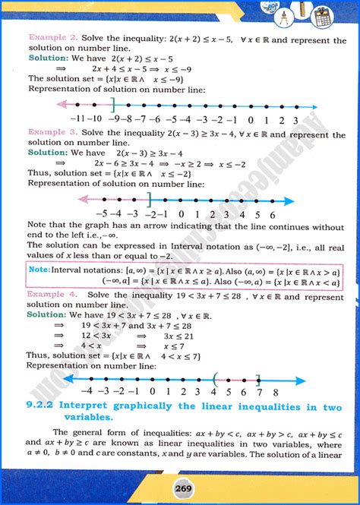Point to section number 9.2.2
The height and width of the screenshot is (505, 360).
(46, 408)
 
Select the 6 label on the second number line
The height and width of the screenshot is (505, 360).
(270, 215)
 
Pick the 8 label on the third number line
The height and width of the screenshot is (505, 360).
(275, 393)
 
